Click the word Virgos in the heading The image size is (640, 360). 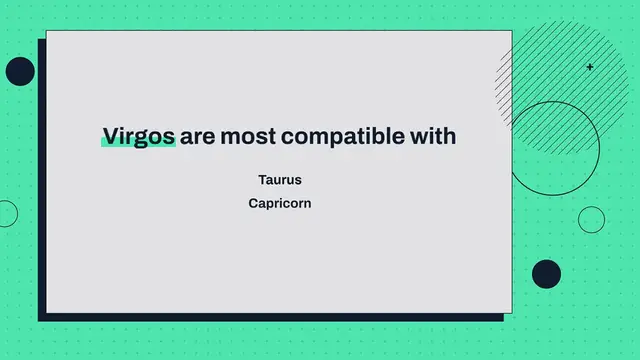click(x=139, y=136)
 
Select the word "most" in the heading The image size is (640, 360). click(x=247, y=136)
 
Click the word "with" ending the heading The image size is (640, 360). click(x=432, y=136)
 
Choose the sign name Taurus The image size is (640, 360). click(x=280, y=180)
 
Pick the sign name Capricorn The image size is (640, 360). click(x=280, y=202)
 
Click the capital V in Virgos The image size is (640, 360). click(x=110, y=136)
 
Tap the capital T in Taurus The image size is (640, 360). click(x=262, y=180)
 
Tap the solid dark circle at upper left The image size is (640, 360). click(x=20, y=71)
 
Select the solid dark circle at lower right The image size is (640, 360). click(x=546, y=273)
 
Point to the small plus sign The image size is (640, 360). click(x=590, y=67)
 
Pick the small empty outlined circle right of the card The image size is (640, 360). click(x=592, y=220)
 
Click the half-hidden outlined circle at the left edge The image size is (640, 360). click(x=6, y=213)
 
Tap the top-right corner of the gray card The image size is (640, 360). click(x=511, y=31)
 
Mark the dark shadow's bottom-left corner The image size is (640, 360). click(x=40, y=321)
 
